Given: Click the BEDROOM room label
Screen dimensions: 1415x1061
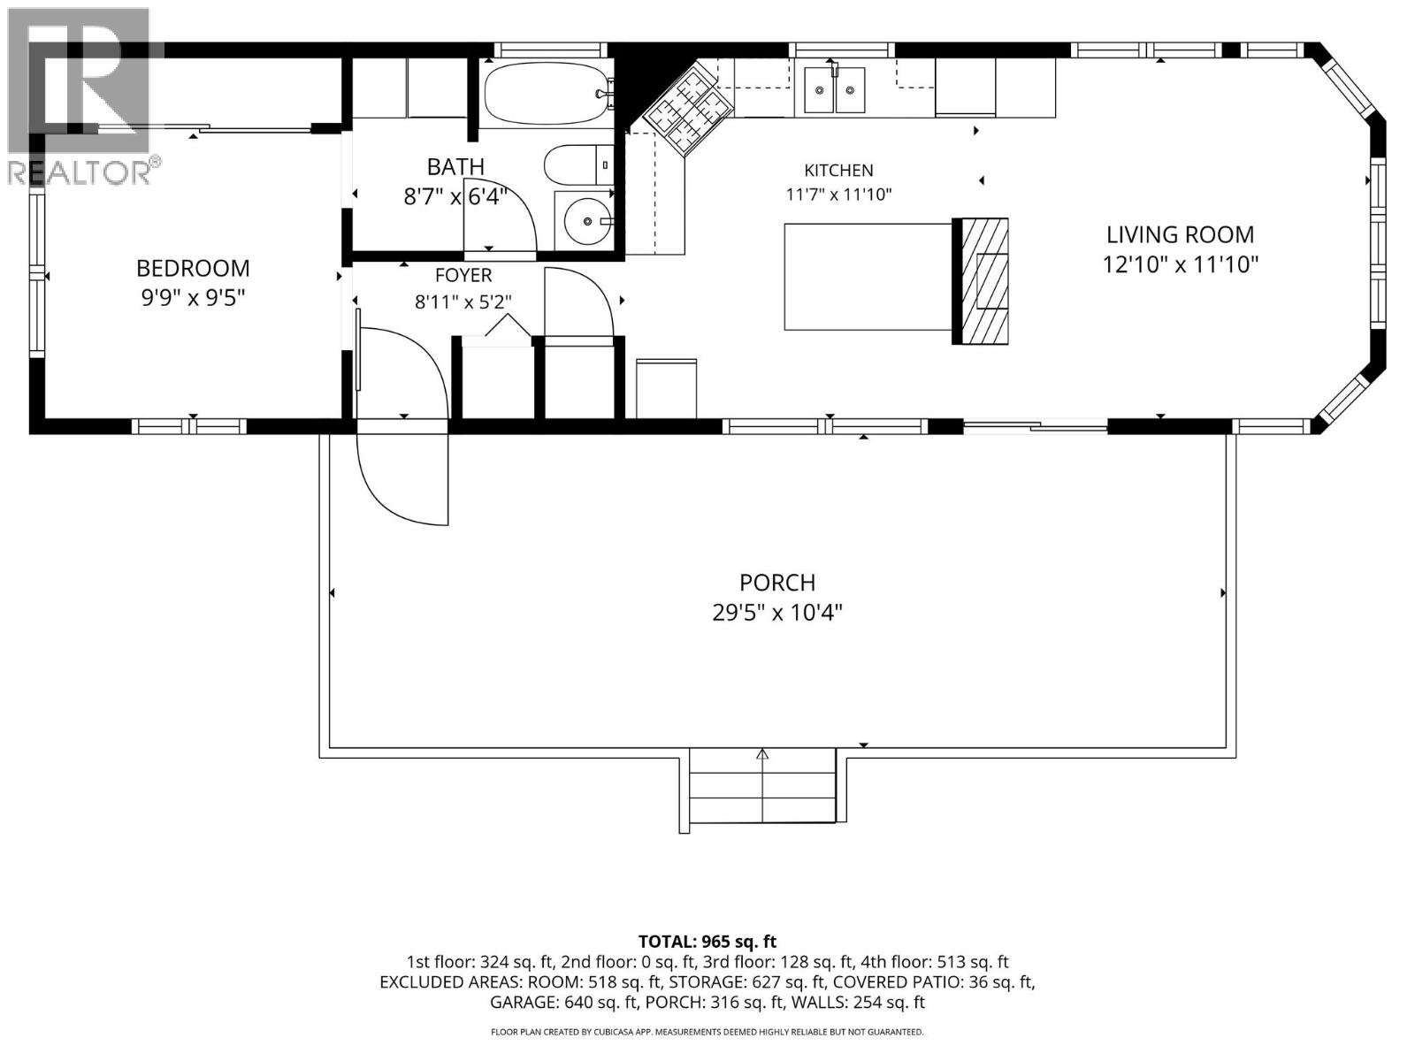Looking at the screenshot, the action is pos(193,268).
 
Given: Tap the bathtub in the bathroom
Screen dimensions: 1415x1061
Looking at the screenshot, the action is pos(547,94).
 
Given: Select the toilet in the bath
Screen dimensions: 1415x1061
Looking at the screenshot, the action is pos(578,165).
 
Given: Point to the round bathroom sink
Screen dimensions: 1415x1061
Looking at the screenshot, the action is pos(587,221).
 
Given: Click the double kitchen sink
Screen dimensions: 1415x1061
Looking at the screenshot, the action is pos(835,89).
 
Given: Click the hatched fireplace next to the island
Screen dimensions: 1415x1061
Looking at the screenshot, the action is pos(981,281).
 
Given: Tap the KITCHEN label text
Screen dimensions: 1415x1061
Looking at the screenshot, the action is pos(838,171).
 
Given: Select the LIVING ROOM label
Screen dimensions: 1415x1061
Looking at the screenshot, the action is pos(1181,234).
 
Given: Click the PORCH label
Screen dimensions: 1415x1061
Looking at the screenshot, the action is pos(777,583).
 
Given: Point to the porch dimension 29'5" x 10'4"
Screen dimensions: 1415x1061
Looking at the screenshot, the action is pos(777,612).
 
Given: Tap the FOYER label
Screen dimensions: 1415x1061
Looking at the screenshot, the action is pos(463,275).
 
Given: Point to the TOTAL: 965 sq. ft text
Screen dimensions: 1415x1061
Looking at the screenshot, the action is pos(707,942).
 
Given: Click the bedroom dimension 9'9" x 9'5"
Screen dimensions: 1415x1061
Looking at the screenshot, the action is pos(193,298).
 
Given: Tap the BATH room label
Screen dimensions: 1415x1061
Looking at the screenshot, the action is pos(455,167).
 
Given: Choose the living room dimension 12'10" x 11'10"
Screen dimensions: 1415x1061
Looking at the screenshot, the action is pos(1181,264).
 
